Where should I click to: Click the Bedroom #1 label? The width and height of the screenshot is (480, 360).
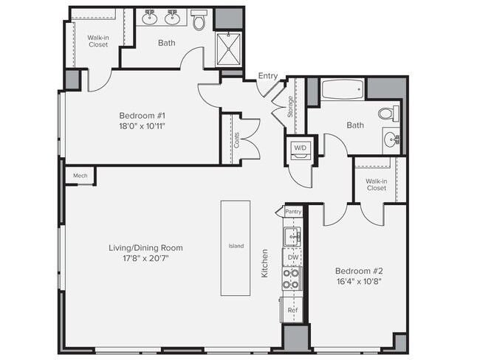pos(142,116)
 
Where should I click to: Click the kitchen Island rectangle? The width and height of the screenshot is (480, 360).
pos(236,246)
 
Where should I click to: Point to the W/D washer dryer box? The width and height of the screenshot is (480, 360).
pos(301,147)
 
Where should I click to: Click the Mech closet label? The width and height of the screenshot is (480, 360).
pos(80,176)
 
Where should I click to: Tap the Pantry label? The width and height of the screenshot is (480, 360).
pos(294,212)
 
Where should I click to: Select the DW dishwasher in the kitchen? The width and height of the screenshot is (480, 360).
pos(292,257)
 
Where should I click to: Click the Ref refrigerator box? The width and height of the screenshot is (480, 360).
pos(292,311)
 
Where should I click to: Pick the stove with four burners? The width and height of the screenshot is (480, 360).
pos(292,279)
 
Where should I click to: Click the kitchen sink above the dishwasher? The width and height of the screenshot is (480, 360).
pos(292,236)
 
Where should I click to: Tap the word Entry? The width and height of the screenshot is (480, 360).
pos(268,75)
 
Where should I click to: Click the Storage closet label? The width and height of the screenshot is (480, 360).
pos(290,108)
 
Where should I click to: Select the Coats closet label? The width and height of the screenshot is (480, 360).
pos(236,139)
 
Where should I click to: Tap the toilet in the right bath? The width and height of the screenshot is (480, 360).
pos(387,114)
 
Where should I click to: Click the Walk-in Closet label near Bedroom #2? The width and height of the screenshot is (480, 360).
pos(376,184)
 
